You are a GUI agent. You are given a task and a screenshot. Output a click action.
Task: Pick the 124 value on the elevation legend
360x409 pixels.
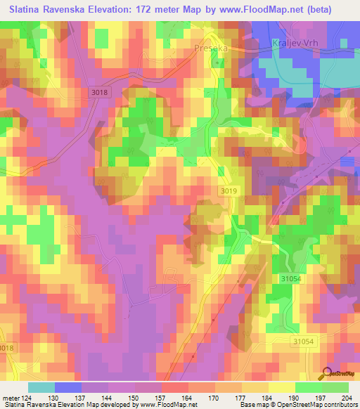tap(27, 398)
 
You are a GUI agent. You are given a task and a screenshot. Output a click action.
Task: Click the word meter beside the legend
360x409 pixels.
tap(11, 398)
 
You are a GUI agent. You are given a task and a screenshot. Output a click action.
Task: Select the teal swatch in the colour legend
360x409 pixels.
tap(41, 387)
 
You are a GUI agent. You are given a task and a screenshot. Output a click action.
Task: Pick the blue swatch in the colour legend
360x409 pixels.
tap(68, 387)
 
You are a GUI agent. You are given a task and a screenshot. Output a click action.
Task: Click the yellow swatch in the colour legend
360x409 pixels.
tap(281, 387)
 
